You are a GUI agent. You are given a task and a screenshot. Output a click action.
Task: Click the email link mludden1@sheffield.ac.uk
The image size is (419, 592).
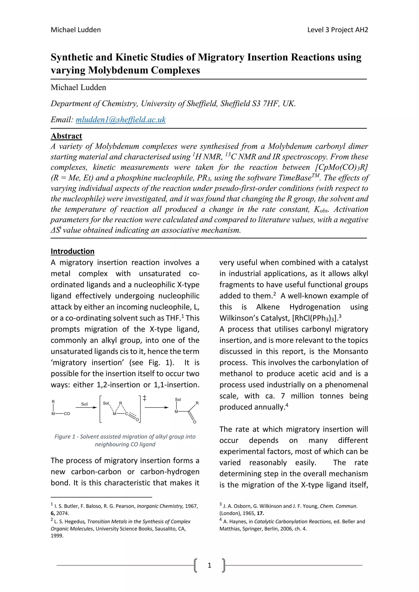click(x=121, y=120)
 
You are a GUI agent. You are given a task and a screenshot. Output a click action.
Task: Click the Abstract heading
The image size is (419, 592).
click(x=66, y=136)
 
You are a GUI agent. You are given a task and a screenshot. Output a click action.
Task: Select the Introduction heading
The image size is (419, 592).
click(x=72, y=251)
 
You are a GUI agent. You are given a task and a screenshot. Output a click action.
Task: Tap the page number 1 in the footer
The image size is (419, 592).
click(x=209, y=565)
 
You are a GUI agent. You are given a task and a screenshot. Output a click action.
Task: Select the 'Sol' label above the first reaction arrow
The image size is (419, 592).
click(x=84, y=404)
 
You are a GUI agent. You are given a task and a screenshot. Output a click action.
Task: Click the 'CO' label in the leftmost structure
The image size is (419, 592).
click(x=67, y=414)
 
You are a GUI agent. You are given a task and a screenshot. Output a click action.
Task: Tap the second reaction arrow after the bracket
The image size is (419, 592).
click(x=156, y=407)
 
